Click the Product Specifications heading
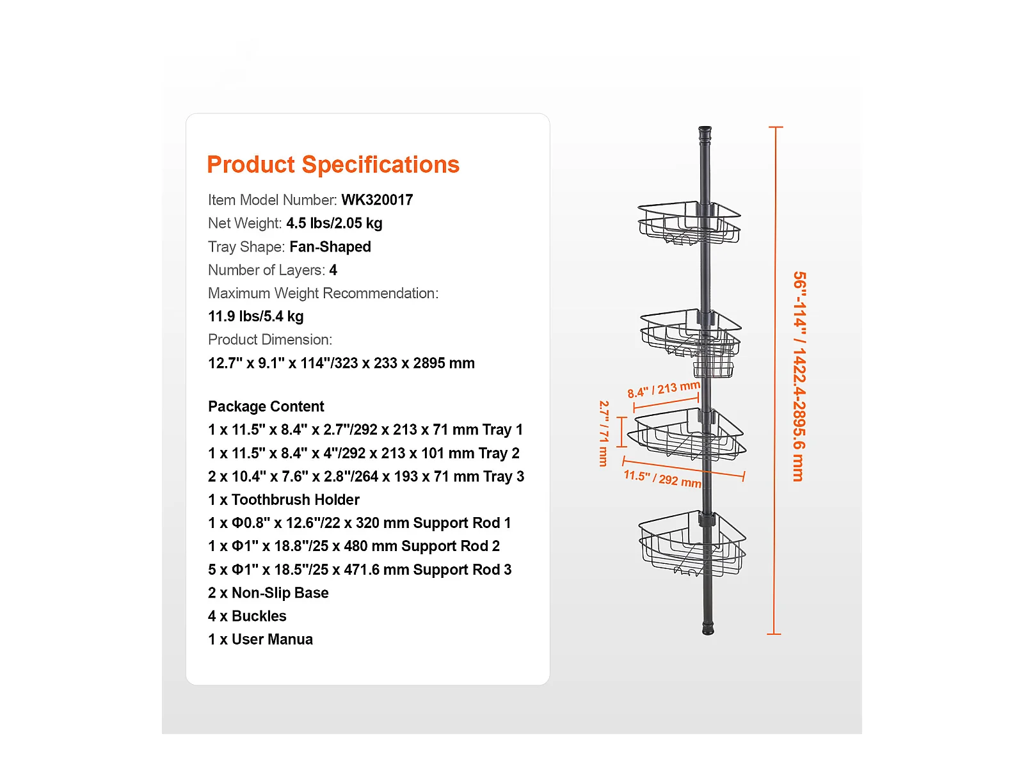(333, 164)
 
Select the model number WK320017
(377, 200)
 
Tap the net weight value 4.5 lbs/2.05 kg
(334, 223)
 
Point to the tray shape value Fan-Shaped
(330, 246)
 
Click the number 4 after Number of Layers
(333, 270)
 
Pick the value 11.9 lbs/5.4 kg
(256, 316)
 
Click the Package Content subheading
(266, 406)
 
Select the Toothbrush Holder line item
(284, 500)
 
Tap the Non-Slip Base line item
(268, 593)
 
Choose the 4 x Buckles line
(247, 616)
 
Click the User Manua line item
(260, 639)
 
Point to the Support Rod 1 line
(360, 523)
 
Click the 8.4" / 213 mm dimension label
(663, 389)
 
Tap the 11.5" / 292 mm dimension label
(662, 479)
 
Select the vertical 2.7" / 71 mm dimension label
(604, 433)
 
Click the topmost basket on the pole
(690, 223)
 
